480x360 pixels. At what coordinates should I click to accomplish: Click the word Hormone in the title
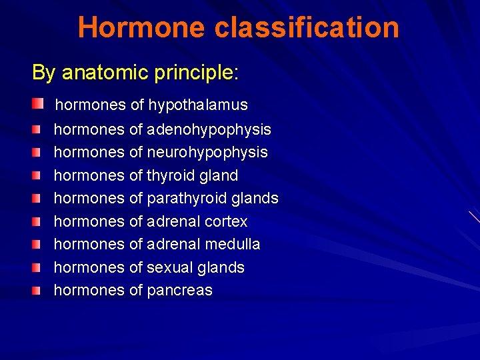(x=142, y=28)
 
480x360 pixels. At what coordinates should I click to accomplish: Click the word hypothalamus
(x=198, y=105)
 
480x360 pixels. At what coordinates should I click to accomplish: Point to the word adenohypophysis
(x=209, y=129)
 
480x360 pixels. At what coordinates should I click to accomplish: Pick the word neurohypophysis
(x=207, y=153)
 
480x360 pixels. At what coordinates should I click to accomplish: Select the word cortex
(x=226, y=221)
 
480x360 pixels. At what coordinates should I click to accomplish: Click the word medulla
(x=233, y=245)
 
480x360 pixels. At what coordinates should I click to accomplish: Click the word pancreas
(x=179, y=291)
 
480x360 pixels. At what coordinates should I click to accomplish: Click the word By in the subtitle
(x=44, y=73)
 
